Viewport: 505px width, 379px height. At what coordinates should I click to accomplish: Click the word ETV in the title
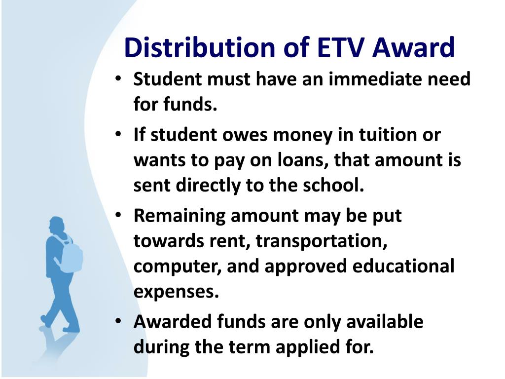341,47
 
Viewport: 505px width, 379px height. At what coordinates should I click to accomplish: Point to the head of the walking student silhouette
57,225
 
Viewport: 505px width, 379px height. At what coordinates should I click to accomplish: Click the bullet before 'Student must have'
118,78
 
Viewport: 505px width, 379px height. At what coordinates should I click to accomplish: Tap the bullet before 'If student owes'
118,134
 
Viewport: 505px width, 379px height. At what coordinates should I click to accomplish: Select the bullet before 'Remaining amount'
118,215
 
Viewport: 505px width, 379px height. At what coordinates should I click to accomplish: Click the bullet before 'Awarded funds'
118,321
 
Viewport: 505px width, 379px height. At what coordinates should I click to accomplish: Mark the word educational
403,266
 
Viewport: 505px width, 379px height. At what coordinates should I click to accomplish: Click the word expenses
176,293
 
